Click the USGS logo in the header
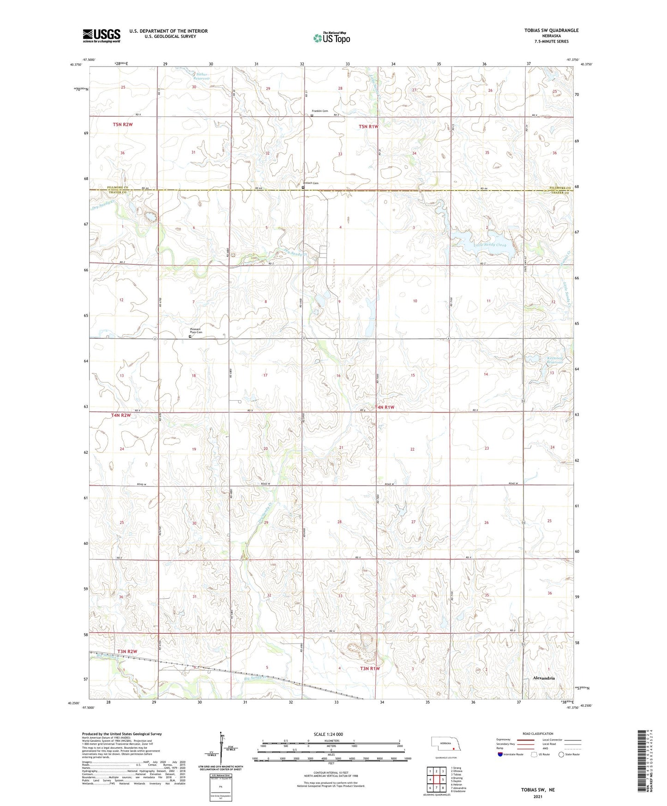[x=102, y=36]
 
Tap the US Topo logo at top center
[x=331, y=38]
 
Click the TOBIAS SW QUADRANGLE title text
[x=551, y=30]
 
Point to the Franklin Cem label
[x=319, y=111]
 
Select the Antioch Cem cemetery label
[x=311, y=183]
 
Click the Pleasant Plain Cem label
[x=196, y=331]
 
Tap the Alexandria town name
[x=544, y=678]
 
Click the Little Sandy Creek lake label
[x=490, y=245]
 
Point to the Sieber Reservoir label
[x=202, y=76]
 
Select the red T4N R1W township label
[x=385, y=408]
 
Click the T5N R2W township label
[x=123, y=125]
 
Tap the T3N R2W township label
[x=127, y=651]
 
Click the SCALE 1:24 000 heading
[x=328, y=734]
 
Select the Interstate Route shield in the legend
[x=501, y=754]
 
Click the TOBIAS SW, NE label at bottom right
[x=538, y=790]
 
